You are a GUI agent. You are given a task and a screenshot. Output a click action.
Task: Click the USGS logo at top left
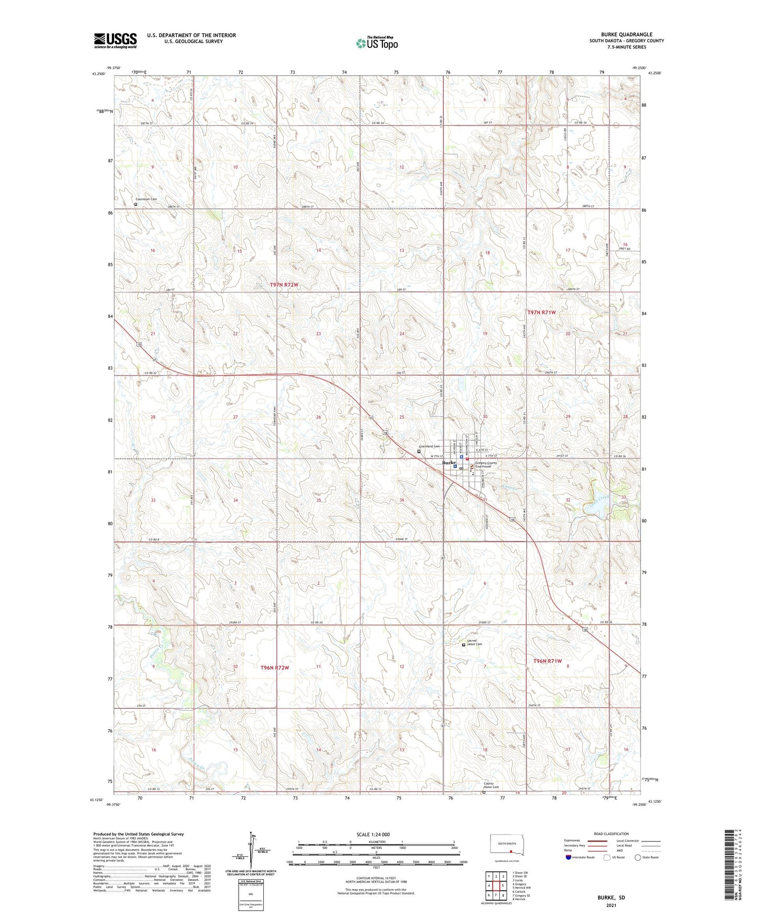tap(115, 40)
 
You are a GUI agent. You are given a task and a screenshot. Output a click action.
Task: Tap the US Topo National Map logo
tap(376, 42)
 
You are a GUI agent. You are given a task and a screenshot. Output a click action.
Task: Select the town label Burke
tap(449, 463)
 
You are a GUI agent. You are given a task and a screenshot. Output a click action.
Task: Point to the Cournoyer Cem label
tap(146, 199)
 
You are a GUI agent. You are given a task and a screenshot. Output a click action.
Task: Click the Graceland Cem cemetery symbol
tap(419, 451)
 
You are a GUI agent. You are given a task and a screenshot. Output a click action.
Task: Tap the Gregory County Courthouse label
tap(486, 465)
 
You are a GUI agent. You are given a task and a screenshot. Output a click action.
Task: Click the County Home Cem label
tap(492, 786)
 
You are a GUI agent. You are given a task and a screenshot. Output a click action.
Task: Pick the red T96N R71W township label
tap(548, 662)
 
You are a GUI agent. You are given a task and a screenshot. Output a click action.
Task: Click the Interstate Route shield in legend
tap(569, 857)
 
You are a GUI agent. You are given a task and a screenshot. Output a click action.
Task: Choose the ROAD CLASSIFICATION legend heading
tap(612, 834)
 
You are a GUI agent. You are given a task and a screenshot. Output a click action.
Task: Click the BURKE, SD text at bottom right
tap(611, 898)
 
